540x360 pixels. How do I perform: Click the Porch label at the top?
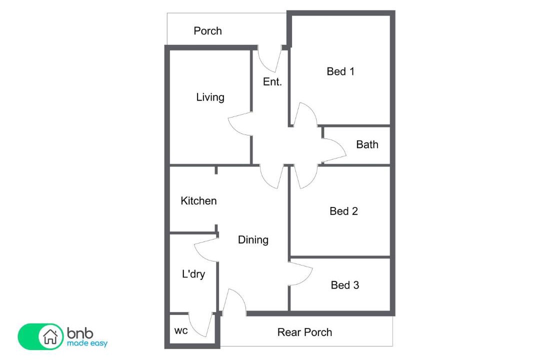point(207,31)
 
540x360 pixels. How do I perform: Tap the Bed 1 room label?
point(340,71)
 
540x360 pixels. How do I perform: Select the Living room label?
point(210,97)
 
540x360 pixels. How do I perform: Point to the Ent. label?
point(272,81)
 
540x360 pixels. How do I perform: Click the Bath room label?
point(367,144)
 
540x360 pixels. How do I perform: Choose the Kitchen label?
point(198,201)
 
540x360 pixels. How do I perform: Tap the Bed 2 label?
point(343,211)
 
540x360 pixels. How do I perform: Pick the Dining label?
point(253,240)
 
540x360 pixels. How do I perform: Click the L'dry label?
point(193,274)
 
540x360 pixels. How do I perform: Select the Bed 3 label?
point(344,285)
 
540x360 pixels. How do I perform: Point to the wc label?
point(181,331)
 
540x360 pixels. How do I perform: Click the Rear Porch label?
point(305,332)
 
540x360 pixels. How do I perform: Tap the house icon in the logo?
point(50,336)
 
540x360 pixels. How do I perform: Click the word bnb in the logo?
point(80,333)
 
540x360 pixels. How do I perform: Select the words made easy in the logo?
point(87,343)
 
